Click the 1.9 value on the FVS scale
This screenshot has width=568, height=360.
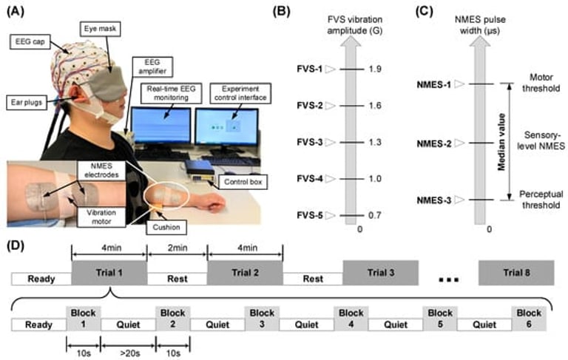pyautogui.click(x=374, y=69)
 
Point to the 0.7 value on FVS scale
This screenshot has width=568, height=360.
pyautogui.click(x=374, y=215)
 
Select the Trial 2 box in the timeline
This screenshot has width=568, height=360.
pyautogui.click(x=244, y=279)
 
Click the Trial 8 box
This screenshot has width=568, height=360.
pyautogui.click(x=516, y=279)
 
